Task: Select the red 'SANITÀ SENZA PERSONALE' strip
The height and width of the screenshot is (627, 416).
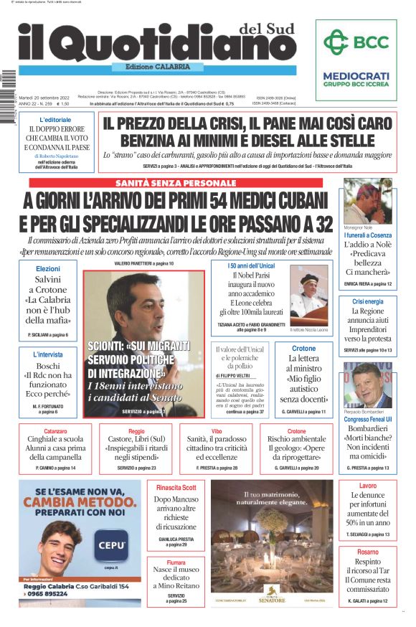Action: click(x=176, y=184)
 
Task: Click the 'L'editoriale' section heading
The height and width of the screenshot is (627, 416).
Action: click(x=55, y=119)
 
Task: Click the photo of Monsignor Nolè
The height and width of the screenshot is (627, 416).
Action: click(x=367, y=202)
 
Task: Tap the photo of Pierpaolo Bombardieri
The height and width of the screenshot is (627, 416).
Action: click(x=367, y=385)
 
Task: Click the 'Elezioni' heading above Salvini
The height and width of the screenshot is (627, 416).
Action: click(x=48, y=268)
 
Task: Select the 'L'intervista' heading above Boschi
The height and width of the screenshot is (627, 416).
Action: click(x=48, y=354)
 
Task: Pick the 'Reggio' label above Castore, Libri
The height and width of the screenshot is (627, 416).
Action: click(x=136, y=431)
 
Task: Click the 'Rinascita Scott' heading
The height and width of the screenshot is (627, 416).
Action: click(x=176, y=488)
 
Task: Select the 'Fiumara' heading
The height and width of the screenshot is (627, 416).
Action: click(x=176, y=562)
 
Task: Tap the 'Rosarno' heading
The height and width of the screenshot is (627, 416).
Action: click(x=367, y=552)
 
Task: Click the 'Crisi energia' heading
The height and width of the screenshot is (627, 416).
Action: click(x=367, y=302)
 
